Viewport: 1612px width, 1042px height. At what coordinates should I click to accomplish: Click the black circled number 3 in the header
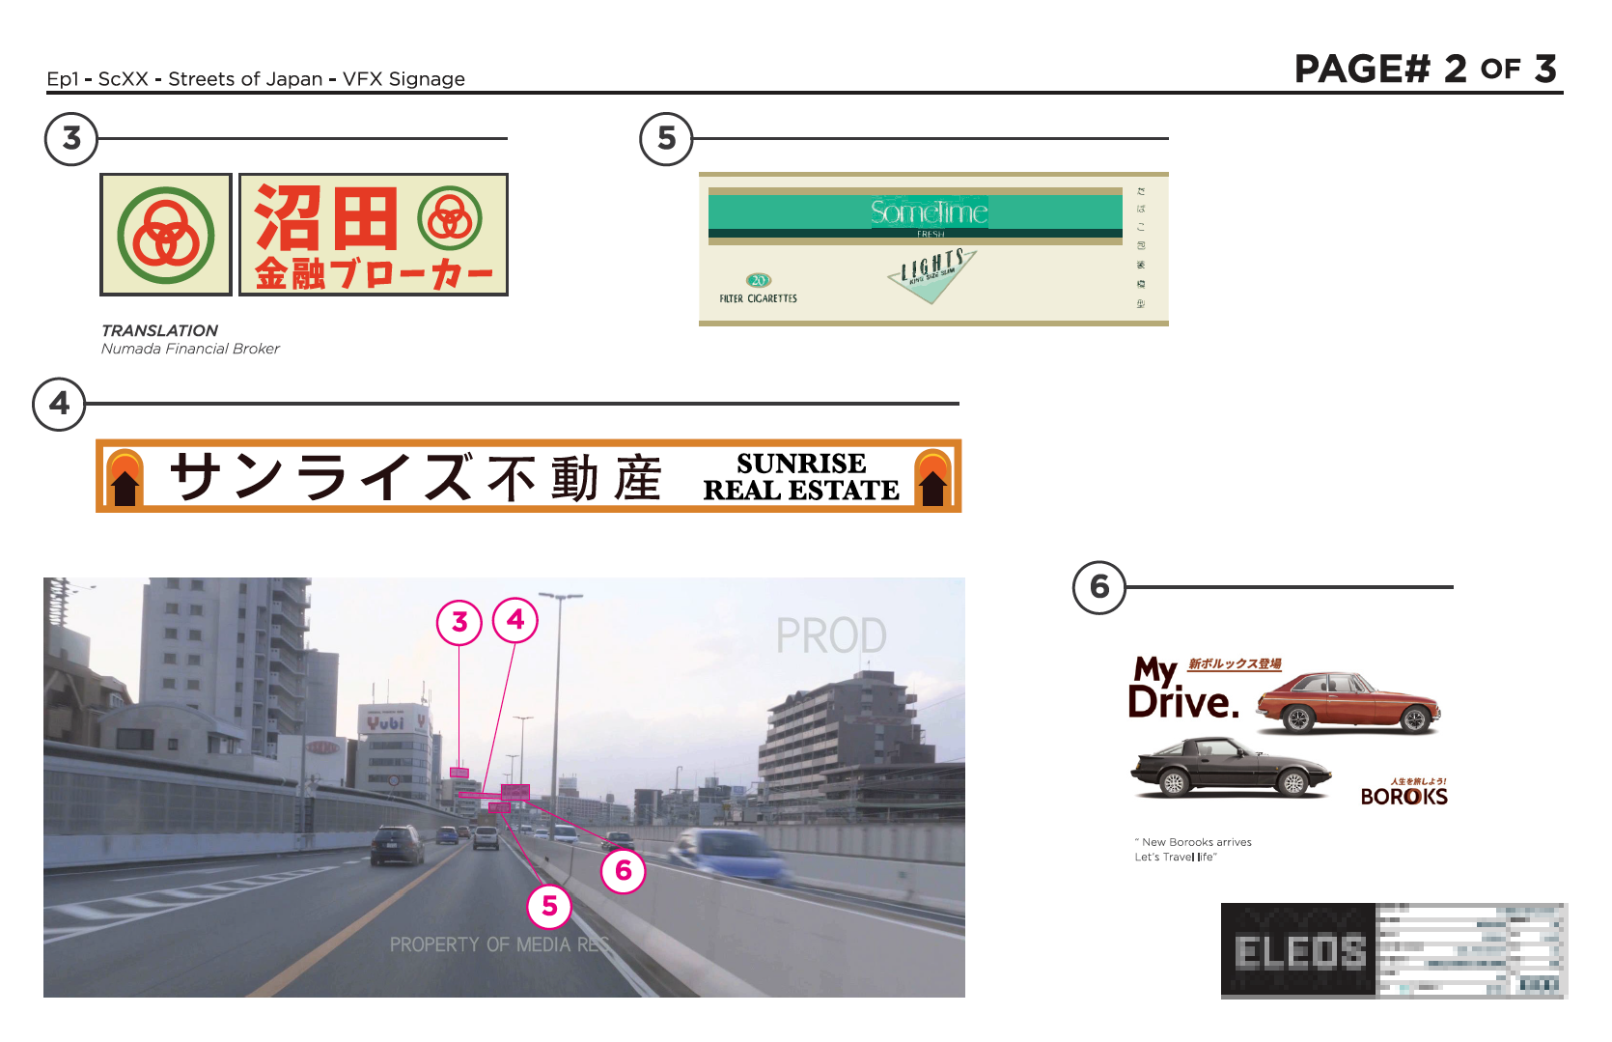[71, 139]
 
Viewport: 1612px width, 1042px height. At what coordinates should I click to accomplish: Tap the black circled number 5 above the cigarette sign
[666, 139]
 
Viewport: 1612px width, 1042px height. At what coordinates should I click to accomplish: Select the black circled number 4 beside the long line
[60, 404]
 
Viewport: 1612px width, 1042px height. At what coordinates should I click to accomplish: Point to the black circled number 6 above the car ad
[1099, 587]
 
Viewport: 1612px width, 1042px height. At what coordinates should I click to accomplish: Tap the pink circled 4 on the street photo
[515, 620]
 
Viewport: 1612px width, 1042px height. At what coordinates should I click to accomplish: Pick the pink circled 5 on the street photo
[549, 906]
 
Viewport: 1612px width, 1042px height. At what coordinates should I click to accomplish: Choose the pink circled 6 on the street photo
[624, 871]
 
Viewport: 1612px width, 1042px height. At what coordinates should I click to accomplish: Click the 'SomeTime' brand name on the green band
[929, 211]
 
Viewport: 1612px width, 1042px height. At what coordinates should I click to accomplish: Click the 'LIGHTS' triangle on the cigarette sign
[931, 272]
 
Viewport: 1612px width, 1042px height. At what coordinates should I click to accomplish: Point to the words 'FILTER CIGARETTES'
[758, 299]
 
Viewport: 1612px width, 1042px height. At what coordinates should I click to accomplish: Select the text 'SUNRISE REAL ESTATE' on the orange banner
[800, 477]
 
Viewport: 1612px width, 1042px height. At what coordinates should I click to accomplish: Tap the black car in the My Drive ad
[1231, 769]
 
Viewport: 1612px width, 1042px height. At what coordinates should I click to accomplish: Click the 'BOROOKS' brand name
[1404, 797]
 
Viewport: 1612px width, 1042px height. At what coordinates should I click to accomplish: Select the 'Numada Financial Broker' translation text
[190, 349]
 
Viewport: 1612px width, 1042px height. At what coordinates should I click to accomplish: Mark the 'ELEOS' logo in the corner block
[1300, 952]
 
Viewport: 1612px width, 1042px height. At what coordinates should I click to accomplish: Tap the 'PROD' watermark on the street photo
[831, 636]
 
